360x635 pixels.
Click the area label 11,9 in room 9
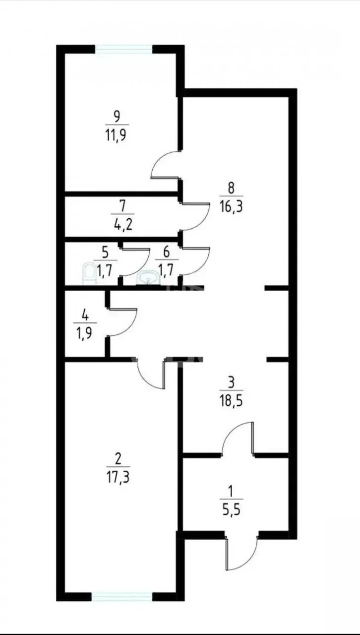pyautogui.click(x=116, y=135)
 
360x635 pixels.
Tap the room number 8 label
pyautogui.click(x=231, y=188)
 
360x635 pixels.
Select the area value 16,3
pyautogui.click(x=231, y=207)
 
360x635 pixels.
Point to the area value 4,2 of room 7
pyautogui.click(x=122, y=225)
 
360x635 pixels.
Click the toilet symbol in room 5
pyautogui.click(x=90, y=273)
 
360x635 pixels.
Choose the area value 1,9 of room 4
pyautogui.click(x=85, y=334)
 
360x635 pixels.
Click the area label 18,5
pyautogui.click(x=231, y=401)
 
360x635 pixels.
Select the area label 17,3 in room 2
pyautogui.click(x=118, y=478)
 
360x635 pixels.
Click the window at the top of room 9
pyautogui.click(x=124, y=49)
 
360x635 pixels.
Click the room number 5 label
pyautogui.click(x=105, y=253)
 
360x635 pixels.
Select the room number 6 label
pyautogui.click(x=167, y=252)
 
